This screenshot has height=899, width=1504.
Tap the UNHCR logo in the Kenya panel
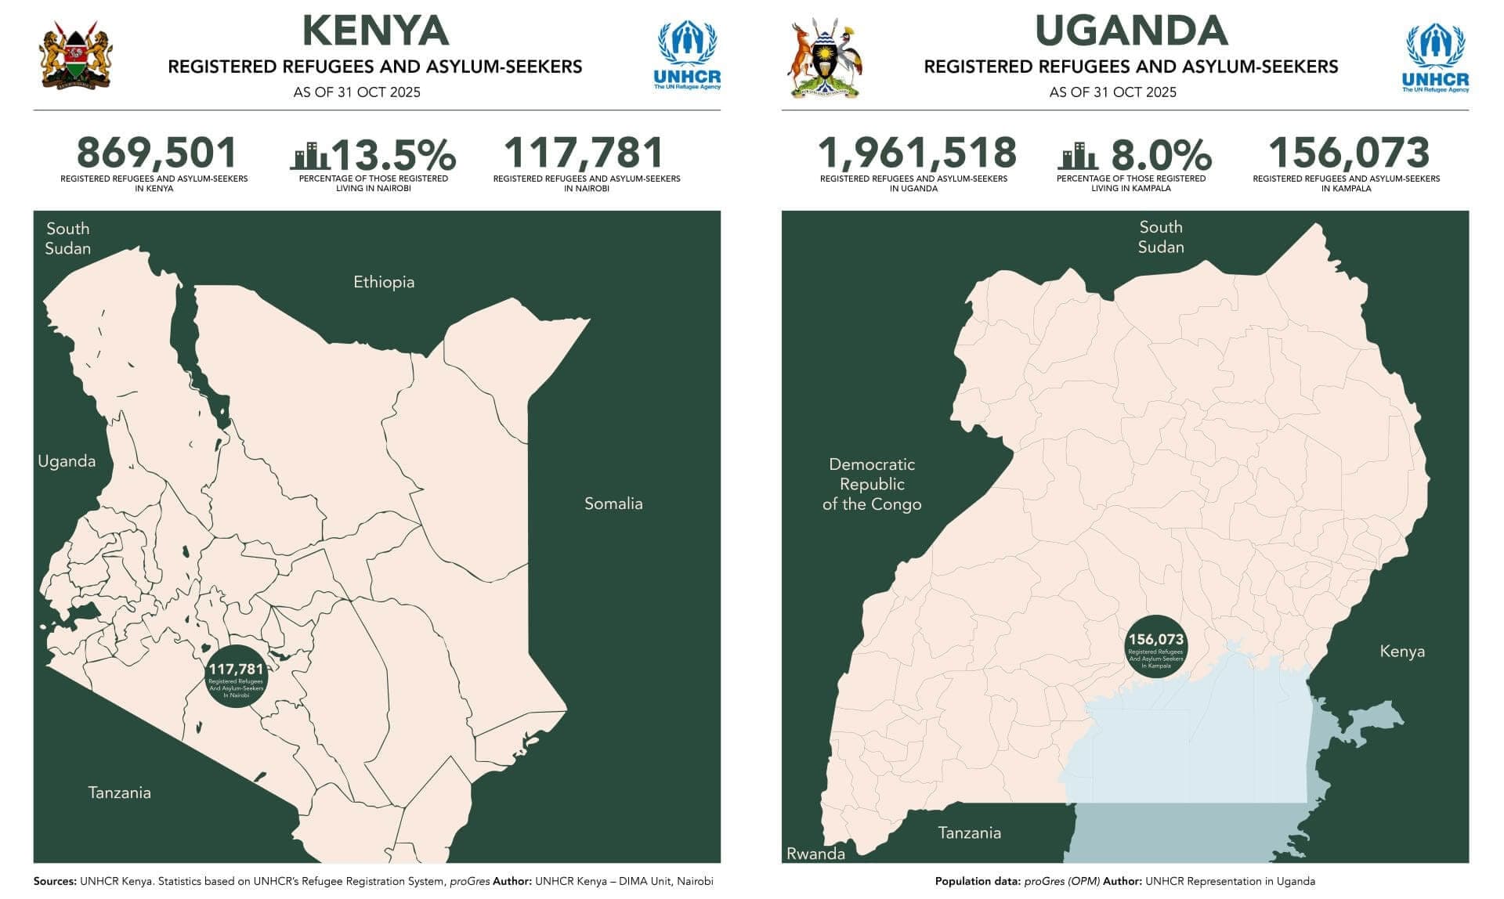(687, 56)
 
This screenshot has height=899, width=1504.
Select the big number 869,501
(156, 153)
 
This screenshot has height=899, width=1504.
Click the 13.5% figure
(394, 154)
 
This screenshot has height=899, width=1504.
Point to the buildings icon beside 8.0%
(1078, 156)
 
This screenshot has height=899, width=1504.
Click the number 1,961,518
(916, 153)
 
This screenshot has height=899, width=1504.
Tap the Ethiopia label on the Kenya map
(383, 282)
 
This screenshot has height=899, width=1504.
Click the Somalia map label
(613, 504)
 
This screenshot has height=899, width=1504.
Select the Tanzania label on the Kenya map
(119, 792)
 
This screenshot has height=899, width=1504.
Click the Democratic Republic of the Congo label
(872, 484)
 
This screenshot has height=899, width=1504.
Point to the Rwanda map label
(815, 854)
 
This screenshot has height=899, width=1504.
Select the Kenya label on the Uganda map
(1401, 652)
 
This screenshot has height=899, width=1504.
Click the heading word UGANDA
(1130, 31)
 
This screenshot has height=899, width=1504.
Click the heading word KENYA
(375, 31)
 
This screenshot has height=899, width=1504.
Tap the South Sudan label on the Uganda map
(1160, 236)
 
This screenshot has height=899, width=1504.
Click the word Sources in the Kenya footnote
(54, 881)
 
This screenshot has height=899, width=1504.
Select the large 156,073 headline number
(1348, 153)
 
